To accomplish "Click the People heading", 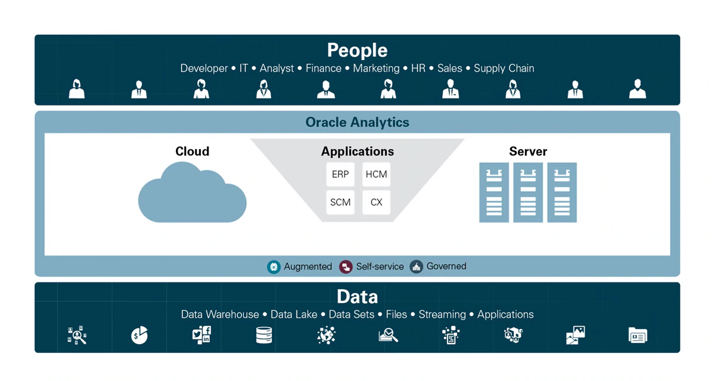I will [x=357, y=50].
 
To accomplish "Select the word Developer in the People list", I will [x=204, y=69].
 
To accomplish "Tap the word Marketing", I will [x=376, y=69].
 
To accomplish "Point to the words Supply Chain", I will [x=503, y=69].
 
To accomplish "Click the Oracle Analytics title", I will [x=357, y=122].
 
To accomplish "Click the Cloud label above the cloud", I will [x=192, y=151].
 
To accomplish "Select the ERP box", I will [x=340, y=174].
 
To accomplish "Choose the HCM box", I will [x=376, y=174].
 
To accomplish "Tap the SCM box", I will [x=340, y=202].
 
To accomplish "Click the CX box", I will [x=376, y=202].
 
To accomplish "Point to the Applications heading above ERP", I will [x=357, y=151].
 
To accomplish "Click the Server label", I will [x=528, y=151].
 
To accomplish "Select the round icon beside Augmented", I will [x=273, y=267].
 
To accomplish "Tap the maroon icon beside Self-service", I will [x=346, y=267].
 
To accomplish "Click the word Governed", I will [x=446, y=267].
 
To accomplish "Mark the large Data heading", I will [x=357, y=296].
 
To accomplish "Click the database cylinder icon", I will [x=264, y=335].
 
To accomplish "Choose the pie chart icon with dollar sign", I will [x=139, y=335].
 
